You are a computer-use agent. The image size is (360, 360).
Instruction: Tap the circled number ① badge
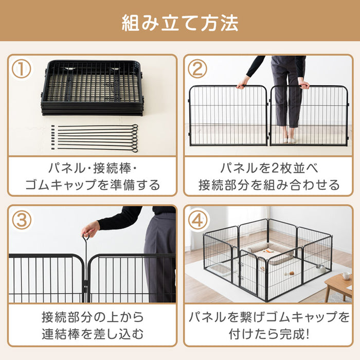tap(22, 69)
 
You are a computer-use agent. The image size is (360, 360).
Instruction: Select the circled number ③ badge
tap(22, 220)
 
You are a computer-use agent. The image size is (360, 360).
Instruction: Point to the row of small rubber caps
tap(53, 137)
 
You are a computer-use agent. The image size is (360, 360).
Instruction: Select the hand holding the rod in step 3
tap(90, 229)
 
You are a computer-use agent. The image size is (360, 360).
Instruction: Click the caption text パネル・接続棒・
tap(93, 168)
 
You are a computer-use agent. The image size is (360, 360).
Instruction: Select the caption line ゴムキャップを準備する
tap(93, 185)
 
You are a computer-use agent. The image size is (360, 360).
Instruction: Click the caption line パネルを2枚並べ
tap(268, 168)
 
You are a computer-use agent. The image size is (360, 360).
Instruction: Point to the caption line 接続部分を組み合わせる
tap(268, 185)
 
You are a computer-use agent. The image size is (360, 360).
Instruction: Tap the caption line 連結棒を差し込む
tap(93, 335)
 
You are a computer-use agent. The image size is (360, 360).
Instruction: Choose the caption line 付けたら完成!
tap(268, 335)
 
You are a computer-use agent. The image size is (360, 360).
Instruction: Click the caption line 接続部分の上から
tap(93, 318)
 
